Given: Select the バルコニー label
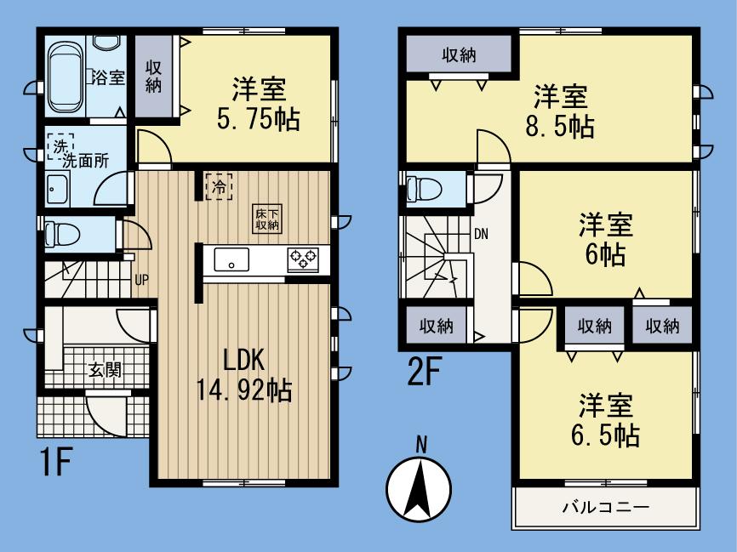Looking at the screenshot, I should [x=605, y=508].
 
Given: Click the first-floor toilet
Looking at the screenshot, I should [x=60, y=232].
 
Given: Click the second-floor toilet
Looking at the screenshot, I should [x=423, y=188].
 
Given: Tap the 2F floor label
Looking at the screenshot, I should [x=421, y=373].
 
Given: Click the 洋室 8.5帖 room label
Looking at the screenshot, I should [x=557, y=110].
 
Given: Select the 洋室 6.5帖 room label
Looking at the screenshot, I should [x=605, y=422].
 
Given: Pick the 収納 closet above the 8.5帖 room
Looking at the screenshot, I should [x=459, y=55].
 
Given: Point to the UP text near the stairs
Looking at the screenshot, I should [x=141, y=277].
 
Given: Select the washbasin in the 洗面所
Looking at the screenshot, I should [x=59, y=189].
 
